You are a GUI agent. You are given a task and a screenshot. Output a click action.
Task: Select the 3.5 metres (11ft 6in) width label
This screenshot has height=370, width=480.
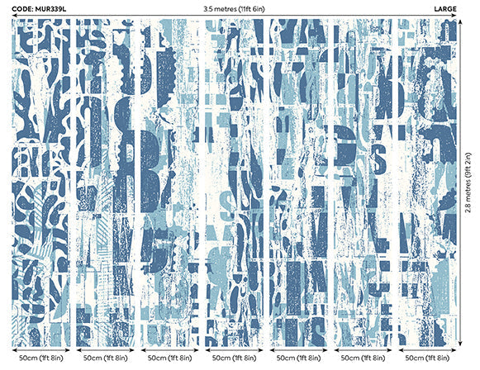click(239, 7)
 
